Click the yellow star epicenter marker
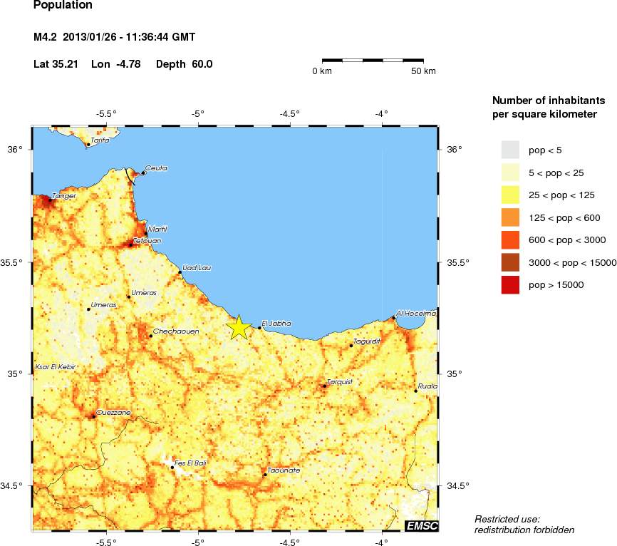[x=239, y=326]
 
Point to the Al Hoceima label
[x=416, y=313]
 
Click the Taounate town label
[x=284, y=471]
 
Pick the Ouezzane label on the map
[x=113, y=412]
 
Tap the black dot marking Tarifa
[x=88, y=145]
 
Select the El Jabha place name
[x=276, y=324]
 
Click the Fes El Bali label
[x=190, y=464]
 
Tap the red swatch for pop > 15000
[x=510, y=284]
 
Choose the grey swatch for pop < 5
[x=510, y=150]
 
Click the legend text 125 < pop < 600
[x=564, y=217]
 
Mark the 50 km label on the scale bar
[x=423, y=71]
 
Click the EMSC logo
[x=421, y=526]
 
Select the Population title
[x=63, y=6]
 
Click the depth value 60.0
[x=202, y=64]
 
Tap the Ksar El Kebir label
[x=56, y=367]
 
